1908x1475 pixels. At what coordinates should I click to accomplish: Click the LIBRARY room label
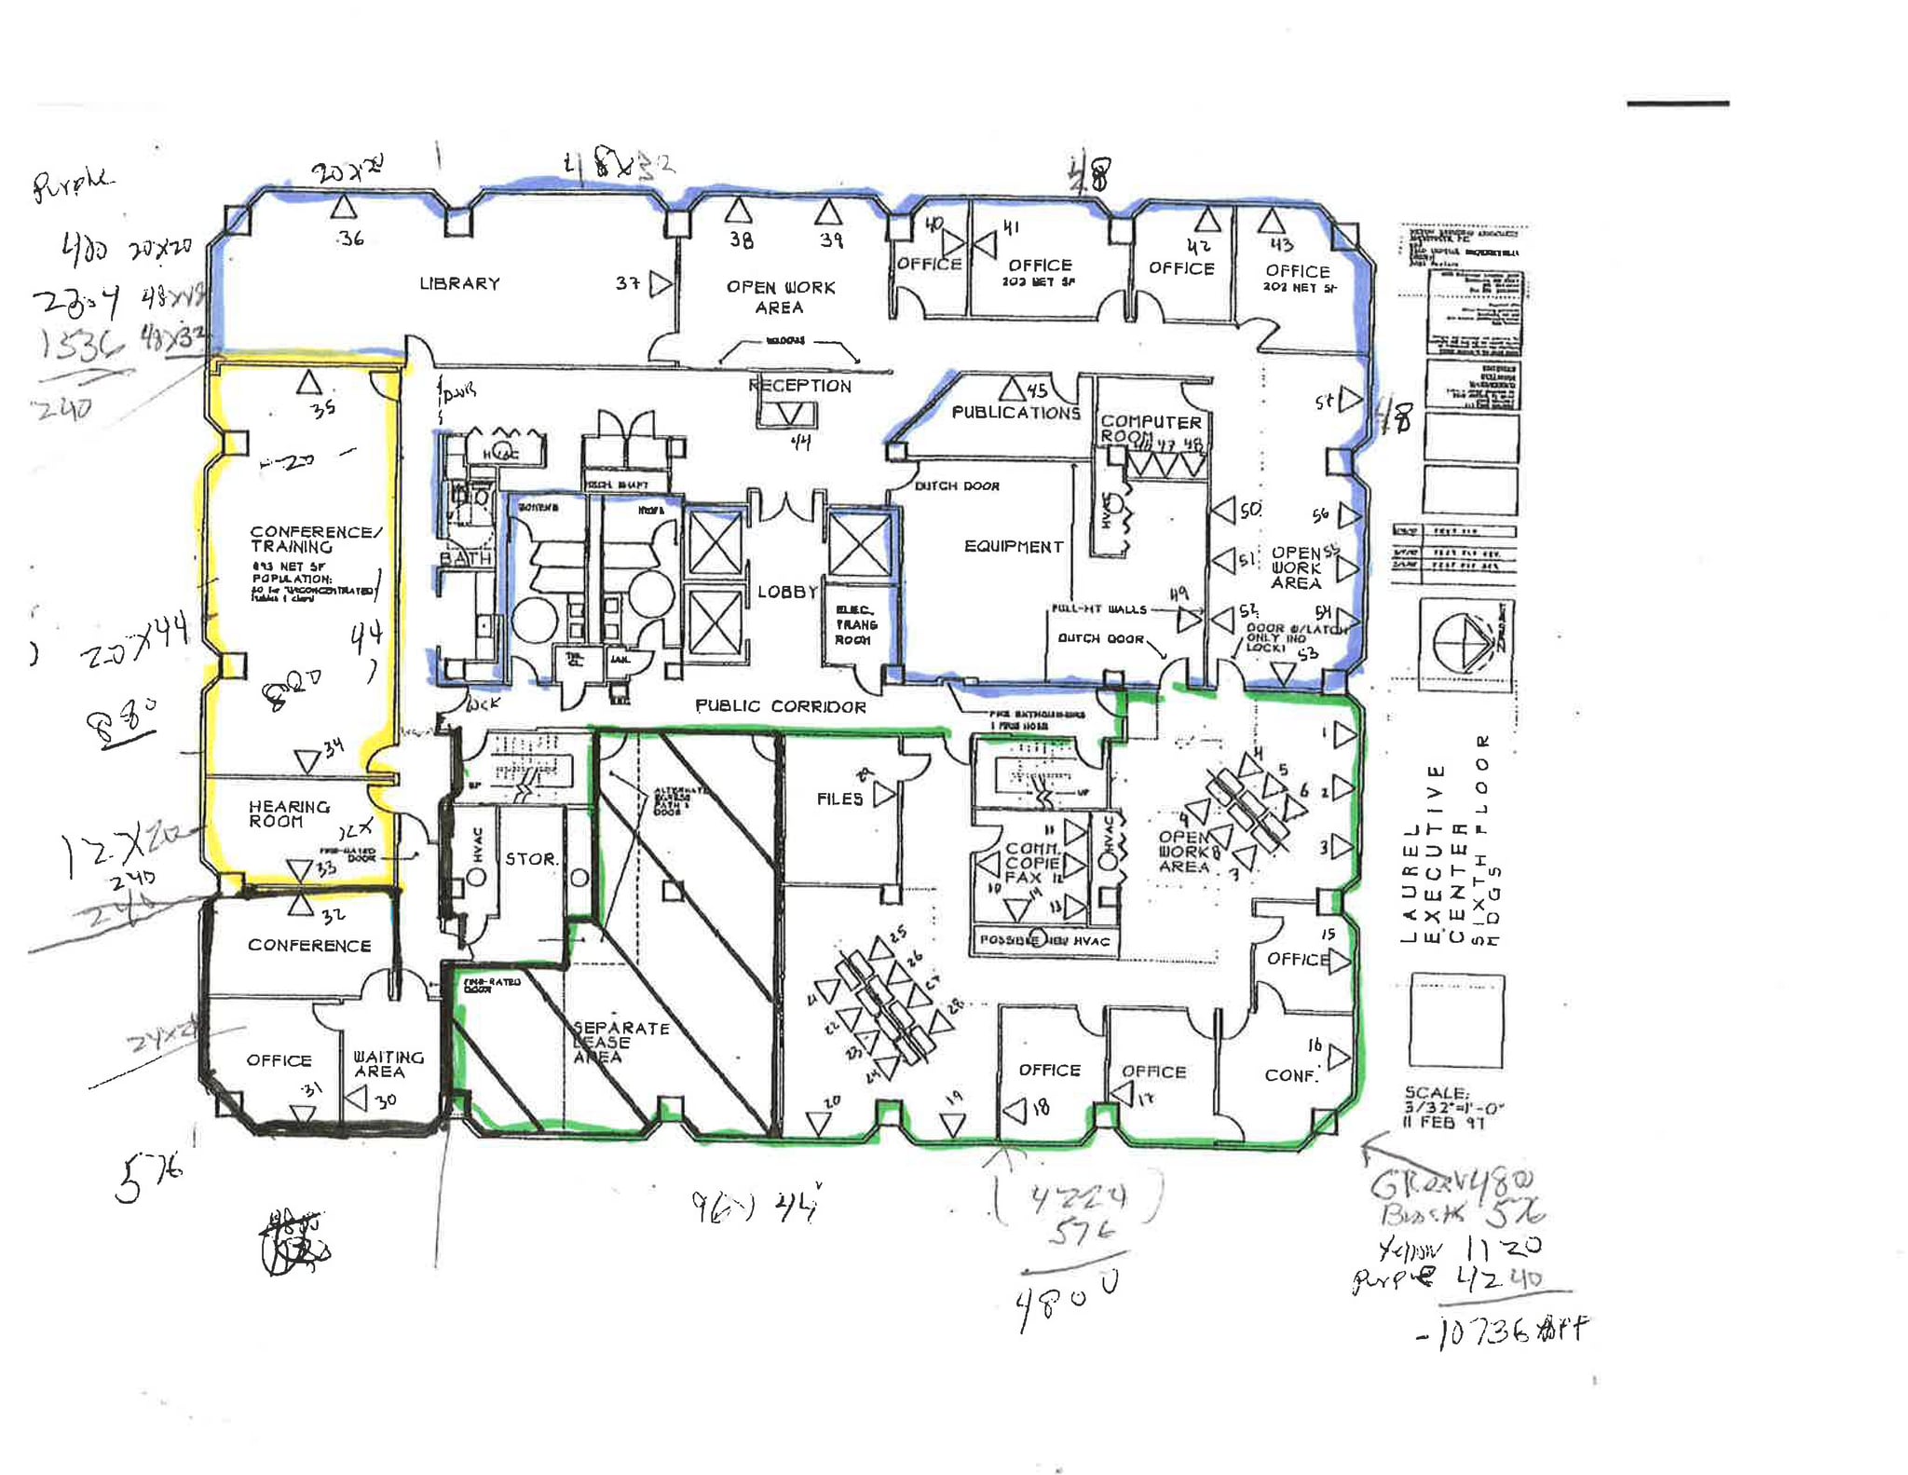(x=459, y=283)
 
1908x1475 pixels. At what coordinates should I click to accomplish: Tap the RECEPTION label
(x=799, y=386)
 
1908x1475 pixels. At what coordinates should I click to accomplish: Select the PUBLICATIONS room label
(x=1015, y=412)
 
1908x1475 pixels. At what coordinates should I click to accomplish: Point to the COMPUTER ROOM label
(x=1150, y=429)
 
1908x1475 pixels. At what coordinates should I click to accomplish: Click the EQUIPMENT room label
(x=1013, y=546)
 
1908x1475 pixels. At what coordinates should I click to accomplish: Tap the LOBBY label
(x=787, y=592)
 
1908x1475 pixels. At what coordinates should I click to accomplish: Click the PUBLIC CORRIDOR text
(x=781, y=706)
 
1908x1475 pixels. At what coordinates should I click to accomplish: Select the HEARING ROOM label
(x=288, y=813)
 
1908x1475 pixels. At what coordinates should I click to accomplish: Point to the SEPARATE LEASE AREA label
(x=620, y=1042)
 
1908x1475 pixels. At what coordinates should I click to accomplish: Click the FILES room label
(x=839, y=799)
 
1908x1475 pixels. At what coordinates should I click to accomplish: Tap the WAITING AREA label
(x=388, y=1064)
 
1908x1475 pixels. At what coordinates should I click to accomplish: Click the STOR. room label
(x=531, y=858)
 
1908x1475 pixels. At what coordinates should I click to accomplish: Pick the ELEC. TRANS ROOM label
(x=854, y=625)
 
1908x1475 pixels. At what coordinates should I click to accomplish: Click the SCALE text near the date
(x=1436, y=1093)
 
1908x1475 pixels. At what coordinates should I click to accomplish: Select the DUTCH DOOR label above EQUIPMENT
(x=956, y=485)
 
